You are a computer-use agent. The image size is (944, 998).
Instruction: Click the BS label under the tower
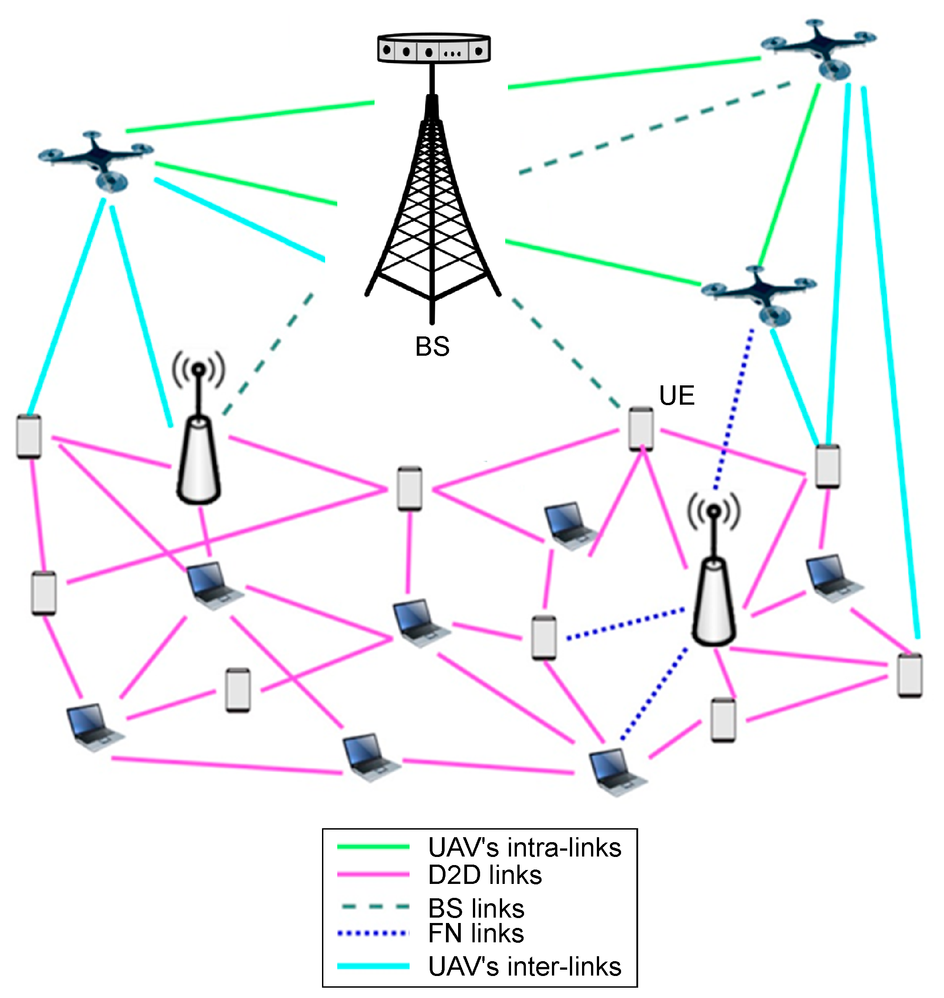tap(432, 347)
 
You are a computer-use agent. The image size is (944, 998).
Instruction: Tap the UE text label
tap(677, 396)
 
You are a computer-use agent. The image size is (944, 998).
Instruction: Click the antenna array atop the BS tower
tap(434, 49)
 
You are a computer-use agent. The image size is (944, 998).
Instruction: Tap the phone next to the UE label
tap(641, 429)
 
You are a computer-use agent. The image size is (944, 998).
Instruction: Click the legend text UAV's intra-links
tap(525, 848)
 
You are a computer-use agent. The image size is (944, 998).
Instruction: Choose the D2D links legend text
tap(485, 874)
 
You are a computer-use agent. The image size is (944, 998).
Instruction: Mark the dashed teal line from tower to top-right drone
tap(654, 128)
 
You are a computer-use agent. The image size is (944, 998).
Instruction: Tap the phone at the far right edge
tap(910, 675)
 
